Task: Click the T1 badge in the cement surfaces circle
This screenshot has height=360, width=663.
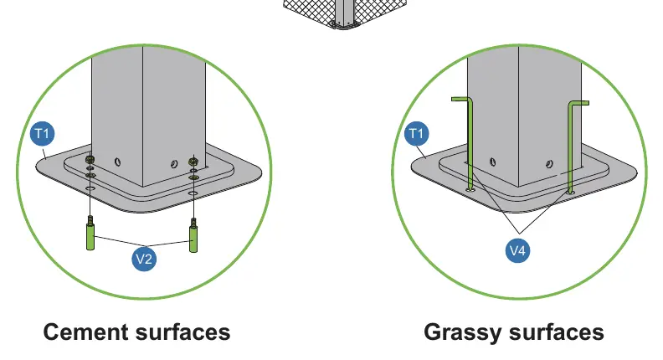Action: click(x=43, y=134)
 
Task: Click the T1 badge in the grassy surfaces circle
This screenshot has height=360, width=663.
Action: click(x=417, y=134)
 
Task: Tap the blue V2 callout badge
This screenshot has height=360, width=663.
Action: click(x=144, y=259)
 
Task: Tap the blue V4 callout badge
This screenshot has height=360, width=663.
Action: click(x=518, y=250)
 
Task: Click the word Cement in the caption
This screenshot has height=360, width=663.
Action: click(x=86, y=332)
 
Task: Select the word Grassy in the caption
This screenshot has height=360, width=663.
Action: click(x=463, y=333)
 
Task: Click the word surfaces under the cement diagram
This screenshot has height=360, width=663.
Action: click(x=182, y=332)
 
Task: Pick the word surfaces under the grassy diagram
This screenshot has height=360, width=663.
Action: click(x=557, y=332)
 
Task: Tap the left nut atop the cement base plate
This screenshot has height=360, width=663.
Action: click(x=90, y=160)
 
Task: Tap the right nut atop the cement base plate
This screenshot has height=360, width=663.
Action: click(x=193, y=162)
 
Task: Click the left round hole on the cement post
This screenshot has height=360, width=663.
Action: click(x=117, y=162)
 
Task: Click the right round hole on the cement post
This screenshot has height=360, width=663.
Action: click(x=174, y=164)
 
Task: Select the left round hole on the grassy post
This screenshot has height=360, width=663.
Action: click(x=492, y=162)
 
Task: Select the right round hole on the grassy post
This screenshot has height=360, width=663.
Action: click(x=549, y=164)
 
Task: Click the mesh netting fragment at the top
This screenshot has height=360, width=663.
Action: click(x=346, y=13)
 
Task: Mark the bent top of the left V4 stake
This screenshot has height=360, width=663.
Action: click(x=461, y=100)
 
